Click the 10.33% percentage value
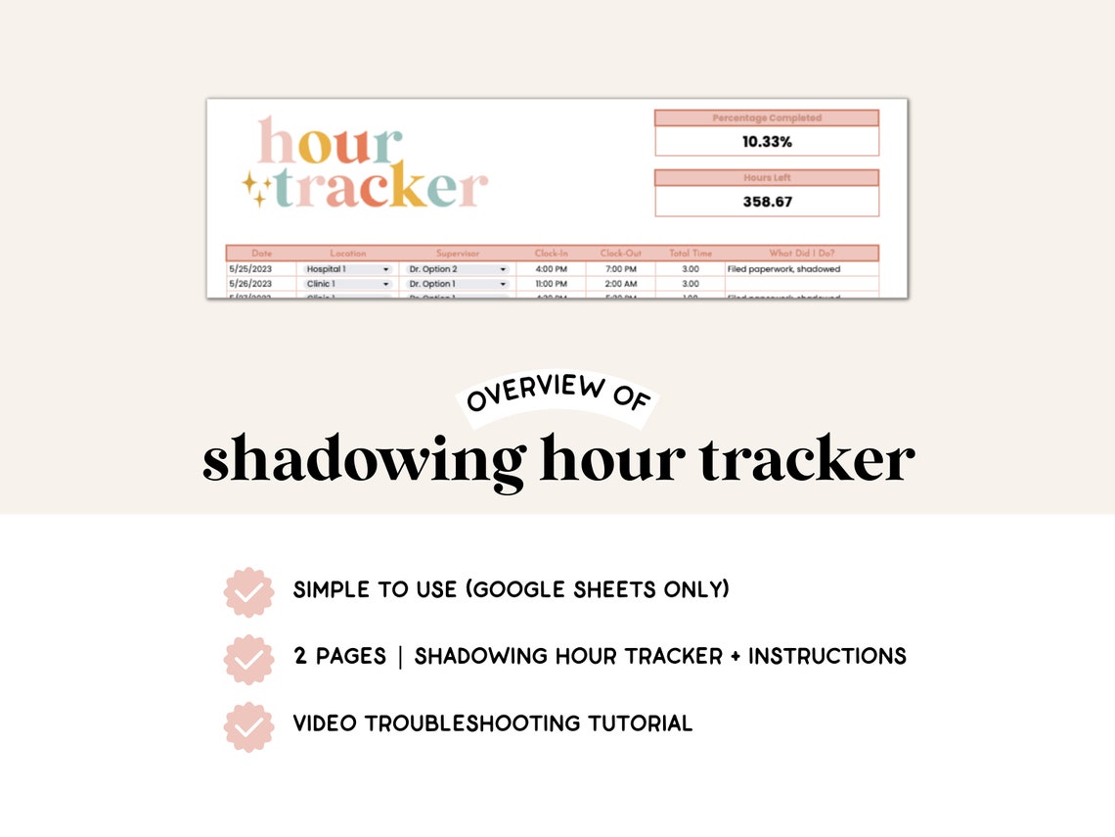click(x=767, y=142)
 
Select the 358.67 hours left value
click(x=767, y=202)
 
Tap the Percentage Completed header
click(x=767, y=118)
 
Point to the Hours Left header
click(x=767, y=178)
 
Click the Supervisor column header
click(x=458, y=254)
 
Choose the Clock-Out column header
click(x=620, y=254)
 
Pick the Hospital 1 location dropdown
click(x=347, y=269)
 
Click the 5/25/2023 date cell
click(x=250, y=269)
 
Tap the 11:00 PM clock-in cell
click(x=552, y=284)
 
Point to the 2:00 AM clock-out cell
click(x=620, y=284)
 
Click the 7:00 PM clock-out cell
click(x=620, y=269)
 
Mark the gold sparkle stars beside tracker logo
click(x=257, y=188)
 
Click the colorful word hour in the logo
click(x=330, y=143)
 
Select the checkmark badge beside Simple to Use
click(x=248, y=592)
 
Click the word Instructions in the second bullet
click(x=827, y=656)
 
